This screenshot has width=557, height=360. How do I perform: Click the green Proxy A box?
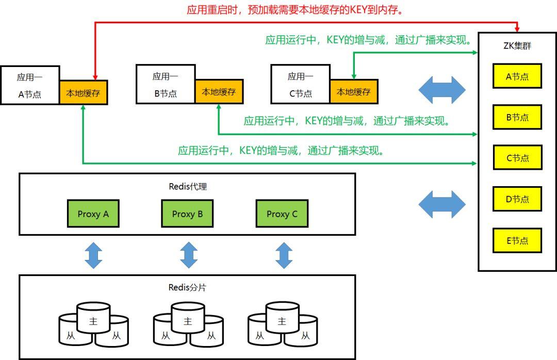pos(93,214)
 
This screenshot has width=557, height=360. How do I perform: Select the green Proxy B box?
pos(187,214)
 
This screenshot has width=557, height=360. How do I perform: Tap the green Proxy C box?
pos(282,214)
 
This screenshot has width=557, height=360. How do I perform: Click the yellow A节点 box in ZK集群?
pos(517,76)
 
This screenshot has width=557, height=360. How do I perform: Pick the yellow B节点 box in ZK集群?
pos(517,117)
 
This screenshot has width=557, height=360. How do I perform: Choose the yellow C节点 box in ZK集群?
pos(517,158)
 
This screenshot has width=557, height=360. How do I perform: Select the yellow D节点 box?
pos(517,199)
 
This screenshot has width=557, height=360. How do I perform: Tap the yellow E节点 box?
pos(517,240)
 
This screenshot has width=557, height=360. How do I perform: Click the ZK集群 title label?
pos(517,46)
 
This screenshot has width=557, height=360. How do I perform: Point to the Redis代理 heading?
pos(187,187)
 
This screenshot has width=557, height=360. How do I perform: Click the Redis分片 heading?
pos(187,287)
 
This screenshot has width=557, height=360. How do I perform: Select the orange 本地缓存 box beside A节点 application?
pos(83,93)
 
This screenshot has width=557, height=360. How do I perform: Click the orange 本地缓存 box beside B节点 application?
pos(219,92)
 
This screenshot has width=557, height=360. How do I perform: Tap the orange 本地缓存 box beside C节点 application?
pos(354,92)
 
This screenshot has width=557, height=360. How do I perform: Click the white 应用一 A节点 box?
pos(30,85)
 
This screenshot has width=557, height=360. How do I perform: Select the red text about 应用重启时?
pos(295,10)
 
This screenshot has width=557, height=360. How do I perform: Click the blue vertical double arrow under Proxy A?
pos(93,255)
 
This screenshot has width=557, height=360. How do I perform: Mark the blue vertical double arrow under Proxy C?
pos(284,255)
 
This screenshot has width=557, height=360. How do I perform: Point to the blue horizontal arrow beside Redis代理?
pos(441,204)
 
